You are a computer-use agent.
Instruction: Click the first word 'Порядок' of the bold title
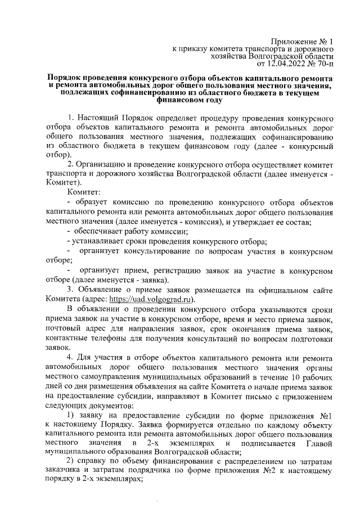(65, 77)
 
